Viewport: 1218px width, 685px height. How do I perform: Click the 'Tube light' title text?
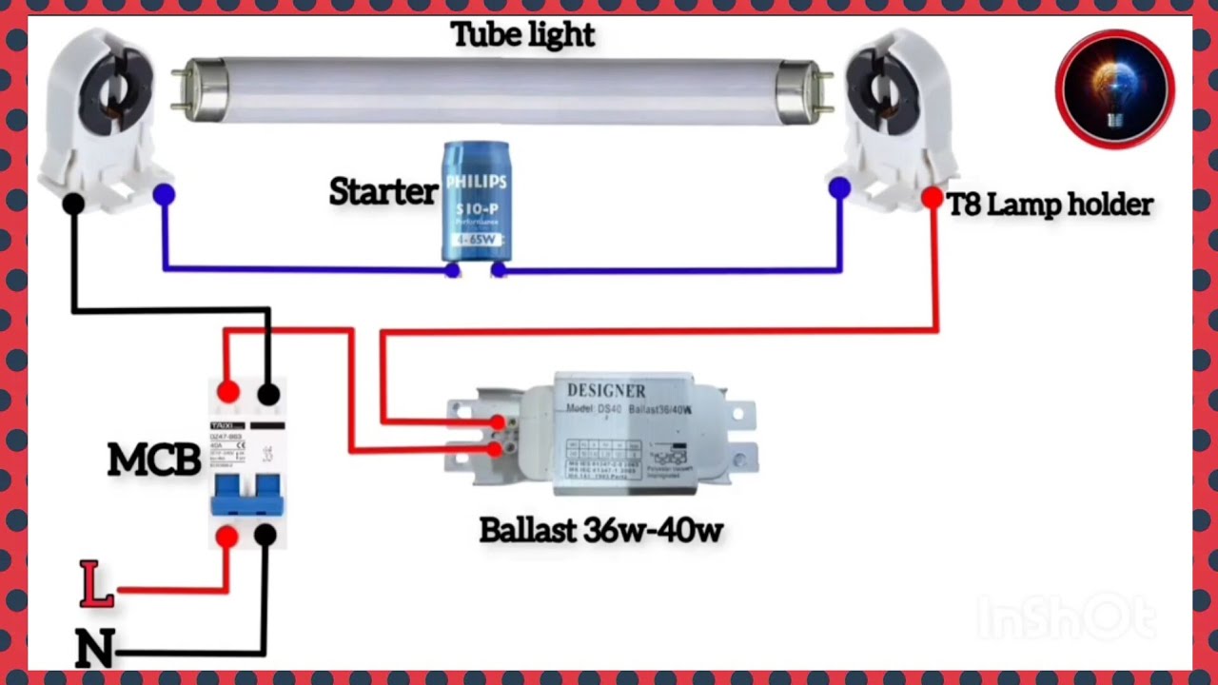click(x=522, y=34)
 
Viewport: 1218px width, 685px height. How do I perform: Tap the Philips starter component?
click(x=477, y=202)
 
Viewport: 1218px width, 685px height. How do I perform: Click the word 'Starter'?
click(x=383, y=192)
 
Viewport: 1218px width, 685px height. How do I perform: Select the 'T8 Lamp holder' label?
click(x=1051, y=205)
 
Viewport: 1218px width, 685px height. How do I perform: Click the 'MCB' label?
click(x=154, y=460)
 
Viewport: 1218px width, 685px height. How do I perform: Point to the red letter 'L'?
click(x=95, y=584)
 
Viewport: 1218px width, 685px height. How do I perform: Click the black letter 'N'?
click(x=95, y=648)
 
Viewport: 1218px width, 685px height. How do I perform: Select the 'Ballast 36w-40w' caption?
click(x=600, y=530)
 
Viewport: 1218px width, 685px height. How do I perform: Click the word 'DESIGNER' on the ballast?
click(x=606, y=391)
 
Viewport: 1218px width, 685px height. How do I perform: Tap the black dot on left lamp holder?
click(x=73, y=203)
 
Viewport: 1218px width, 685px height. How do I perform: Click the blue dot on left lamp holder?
click(x=164, y=195)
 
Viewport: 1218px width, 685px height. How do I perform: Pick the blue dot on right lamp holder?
click(x=839, y=188)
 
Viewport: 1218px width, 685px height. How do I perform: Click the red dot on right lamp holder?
click(x=933, y=198)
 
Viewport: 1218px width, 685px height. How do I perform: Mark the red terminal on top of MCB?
click(x=227, y=392)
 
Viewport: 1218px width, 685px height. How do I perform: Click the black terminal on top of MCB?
click(x=268, y=393)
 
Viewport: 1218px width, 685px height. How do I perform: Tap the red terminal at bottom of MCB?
click(x=226, y=538)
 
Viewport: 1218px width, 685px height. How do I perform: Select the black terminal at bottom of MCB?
click(x=265, y=536)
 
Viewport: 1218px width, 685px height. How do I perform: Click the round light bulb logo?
click(x=1114, y=89)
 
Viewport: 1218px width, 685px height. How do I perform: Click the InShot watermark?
click(x=1066, y=618)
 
